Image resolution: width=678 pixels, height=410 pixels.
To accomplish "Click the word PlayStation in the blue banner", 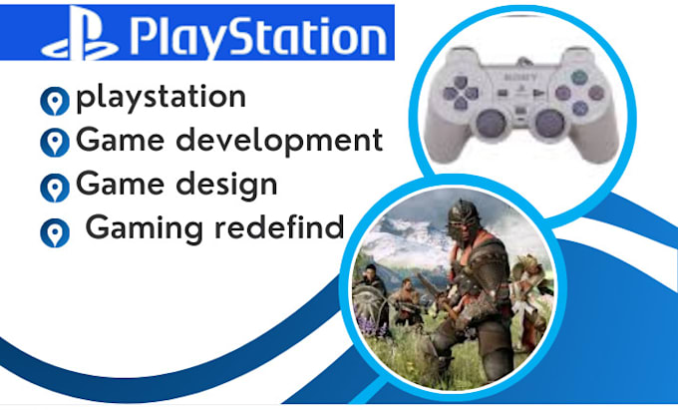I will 256,38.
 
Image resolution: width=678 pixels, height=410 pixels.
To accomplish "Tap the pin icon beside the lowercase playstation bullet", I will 53,102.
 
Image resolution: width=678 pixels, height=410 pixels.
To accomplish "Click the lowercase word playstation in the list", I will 161,99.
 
